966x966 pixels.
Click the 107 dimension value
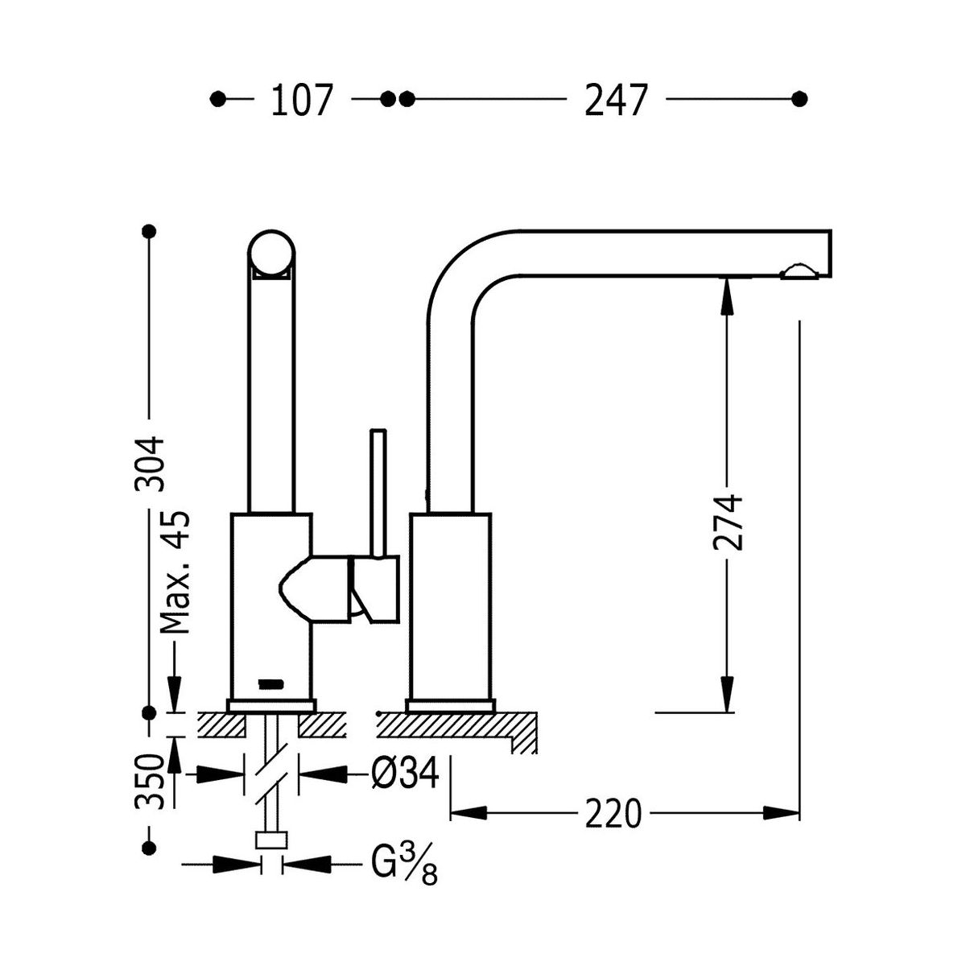click(301, 101)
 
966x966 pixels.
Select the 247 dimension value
click(616, 101)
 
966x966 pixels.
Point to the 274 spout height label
click(727, 522)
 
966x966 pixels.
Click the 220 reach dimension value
click(613, 813)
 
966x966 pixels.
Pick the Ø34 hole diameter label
click(405, 775)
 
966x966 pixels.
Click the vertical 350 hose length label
click(151, 781)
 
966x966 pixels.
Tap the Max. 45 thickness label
click(174, 572)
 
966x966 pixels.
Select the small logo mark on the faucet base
click(269, 684)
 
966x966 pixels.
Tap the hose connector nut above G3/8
click(271, 840)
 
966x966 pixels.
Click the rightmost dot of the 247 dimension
click(799, 99)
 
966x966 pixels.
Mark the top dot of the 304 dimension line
click(148, 232)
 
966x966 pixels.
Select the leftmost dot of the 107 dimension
click(217, 99)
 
